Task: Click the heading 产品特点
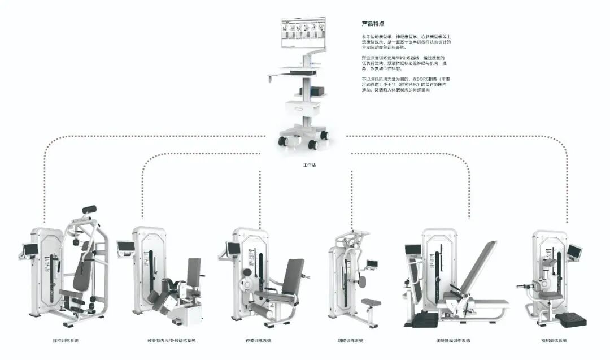373,24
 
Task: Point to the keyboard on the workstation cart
298,71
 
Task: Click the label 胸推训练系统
66,341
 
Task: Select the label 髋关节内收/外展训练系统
171,341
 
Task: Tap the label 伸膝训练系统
259,341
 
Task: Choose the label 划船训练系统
351,341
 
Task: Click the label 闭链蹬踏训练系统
453,341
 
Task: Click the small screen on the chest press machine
28,248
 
